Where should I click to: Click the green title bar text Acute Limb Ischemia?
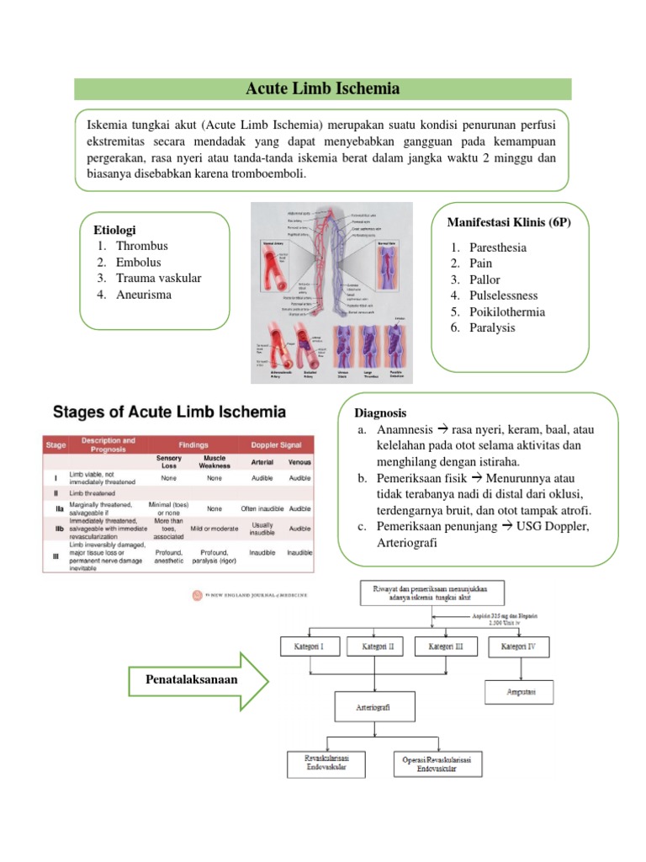pyautogui.click(x=322, y=88)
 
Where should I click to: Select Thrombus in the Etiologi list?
pyautogui.click(x=141, y=246)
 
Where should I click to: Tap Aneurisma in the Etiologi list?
pyautogui.click(x=143, y=294)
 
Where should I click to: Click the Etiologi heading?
pyautogui.click(x=114, y=230)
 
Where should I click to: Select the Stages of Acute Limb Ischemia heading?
pyautogui.click(x=169, y=412)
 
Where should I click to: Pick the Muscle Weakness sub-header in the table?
pyautogui.click(x=214, y=461)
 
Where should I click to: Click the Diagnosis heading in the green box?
pyautogui.click(x=381, y=413)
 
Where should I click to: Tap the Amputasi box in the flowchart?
pyautogui.click(x=519, y=693)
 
